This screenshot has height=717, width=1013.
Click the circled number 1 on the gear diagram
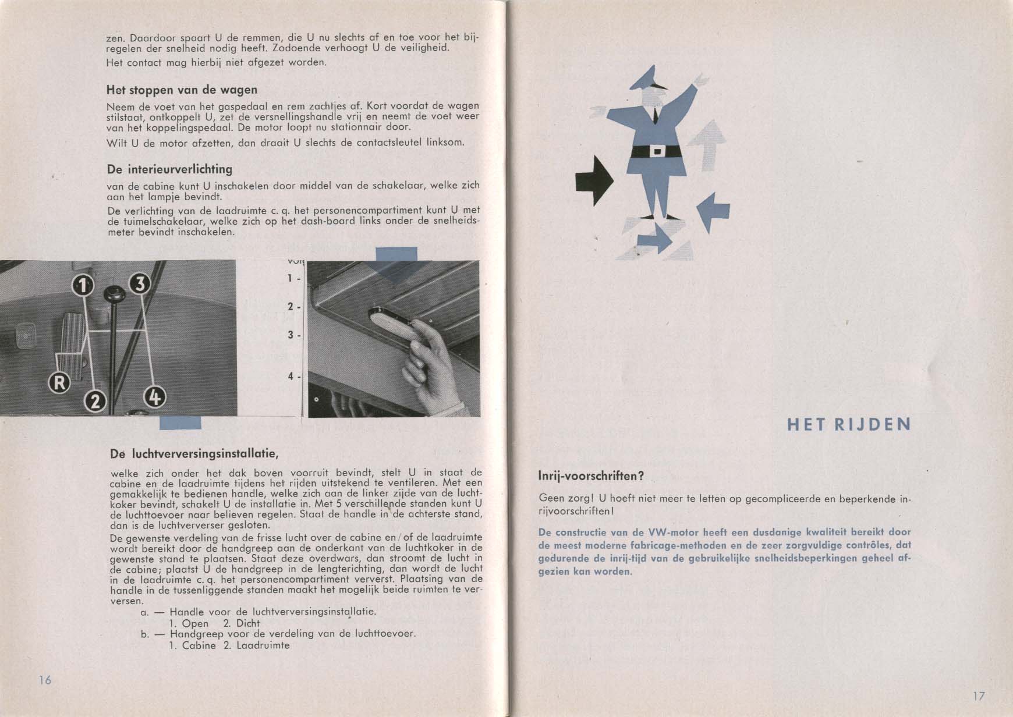(84, 285)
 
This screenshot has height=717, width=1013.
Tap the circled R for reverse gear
(60, 382)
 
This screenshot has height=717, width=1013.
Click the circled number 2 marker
(95, 401)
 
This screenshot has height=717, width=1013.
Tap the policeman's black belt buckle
(657, 151)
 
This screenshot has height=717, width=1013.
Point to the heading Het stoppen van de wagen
(182, 90)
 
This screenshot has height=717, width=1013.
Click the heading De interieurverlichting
(169, 169)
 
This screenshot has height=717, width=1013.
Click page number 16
(45, 680)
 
